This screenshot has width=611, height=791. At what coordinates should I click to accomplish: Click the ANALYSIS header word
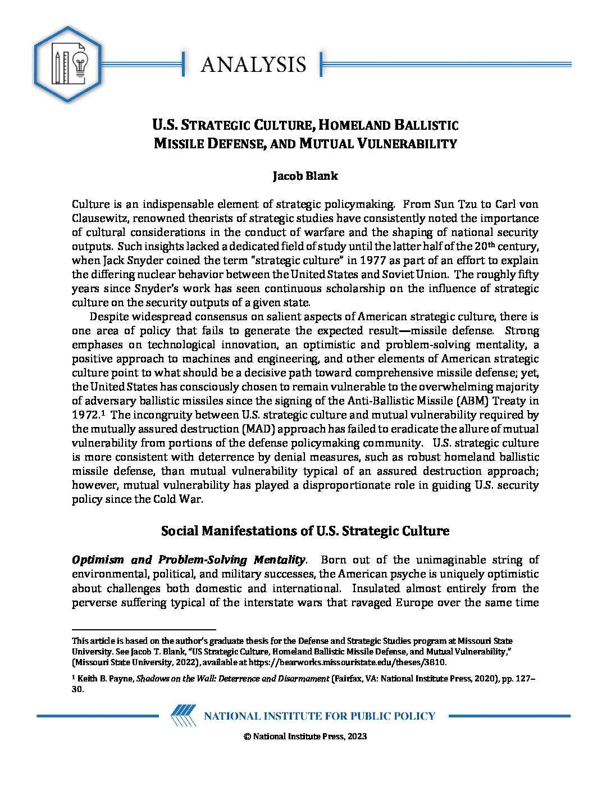(253, 65)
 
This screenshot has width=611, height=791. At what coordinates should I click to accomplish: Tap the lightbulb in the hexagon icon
(81, 63)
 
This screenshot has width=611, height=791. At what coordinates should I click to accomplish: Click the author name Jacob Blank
(305, 176)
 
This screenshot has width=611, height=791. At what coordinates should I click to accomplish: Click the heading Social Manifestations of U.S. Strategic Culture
(305, 531)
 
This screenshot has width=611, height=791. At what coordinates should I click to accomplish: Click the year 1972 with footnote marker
(86, 415)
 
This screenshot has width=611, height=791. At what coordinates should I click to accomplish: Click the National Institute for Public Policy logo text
(320, 716)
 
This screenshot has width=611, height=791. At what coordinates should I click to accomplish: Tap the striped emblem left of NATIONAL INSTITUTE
(184, 716)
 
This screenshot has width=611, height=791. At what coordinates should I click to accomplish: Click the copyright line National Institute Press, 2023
(305, 737)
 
